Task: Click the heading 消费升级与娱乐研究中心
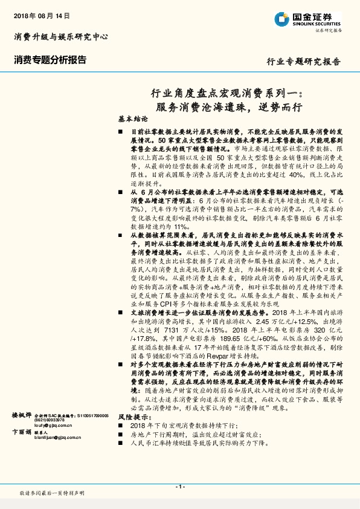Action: click(60, 37)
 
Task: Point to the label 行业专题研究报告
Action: click(303, 62)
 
